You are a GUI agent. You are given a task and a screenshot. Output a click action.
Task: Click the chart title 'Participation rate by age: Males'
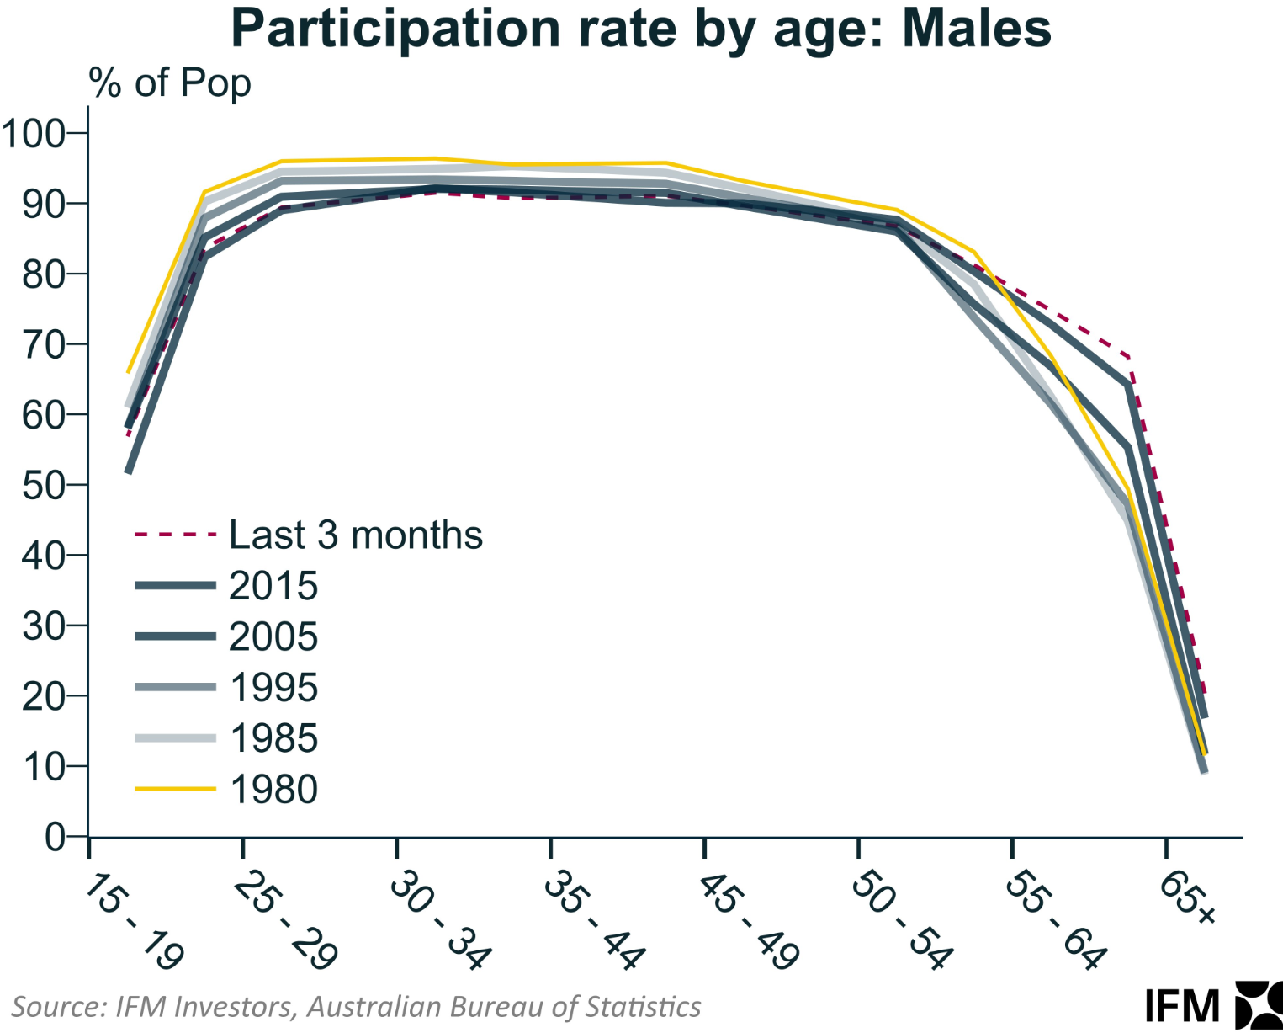coord(641,29)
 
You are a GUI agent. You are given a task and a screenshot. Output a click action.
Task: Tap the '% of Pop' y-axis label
coord(170,83)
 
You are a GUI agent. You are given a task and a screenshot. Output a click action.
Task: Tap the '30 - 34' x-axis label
coord(441,922)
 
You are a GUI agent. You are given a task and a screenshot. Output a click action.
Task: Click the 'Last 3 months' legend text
coord(356,534)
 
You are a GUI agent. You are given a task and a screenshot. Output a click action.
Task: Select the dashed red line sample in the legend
coord(175,535)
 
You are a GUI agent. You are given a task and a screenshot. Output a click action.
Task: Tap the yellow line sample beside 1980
coord(175,789)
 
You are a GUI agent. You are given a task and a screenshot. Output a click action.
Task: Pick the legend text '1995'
coord(273,688)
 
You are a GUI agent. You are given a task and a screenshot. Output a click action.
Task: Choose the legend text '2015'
coord(273,585)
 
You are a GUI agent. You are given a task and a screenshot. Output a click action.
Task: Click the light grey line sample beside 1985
coord(175,738)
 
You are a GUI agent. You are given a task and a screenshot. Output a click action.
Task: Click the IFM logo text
coord(1183,1007)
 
